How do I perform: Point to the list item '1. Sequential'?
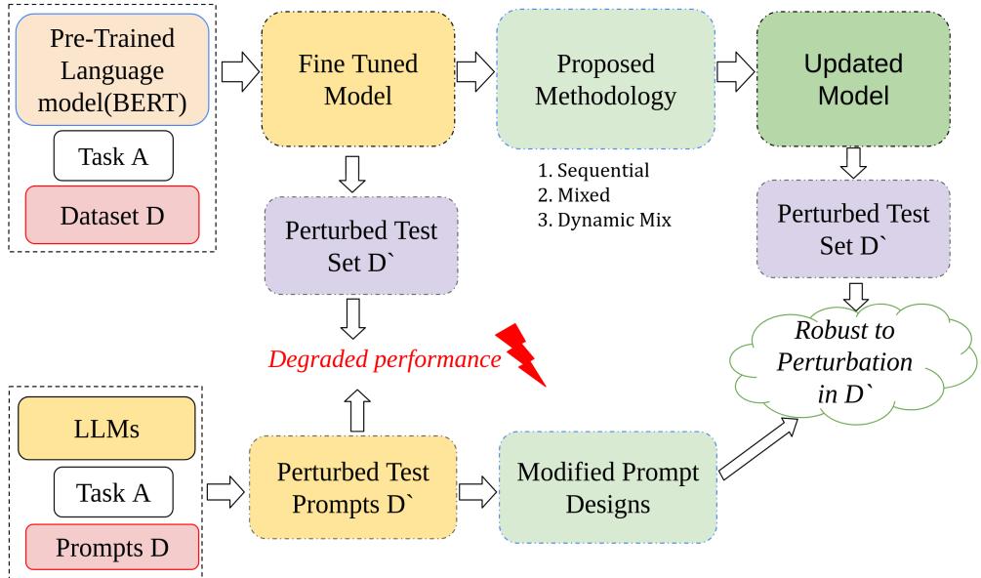pos(593,172)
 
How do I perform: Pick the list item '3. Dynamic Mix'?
pos(604,219)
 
